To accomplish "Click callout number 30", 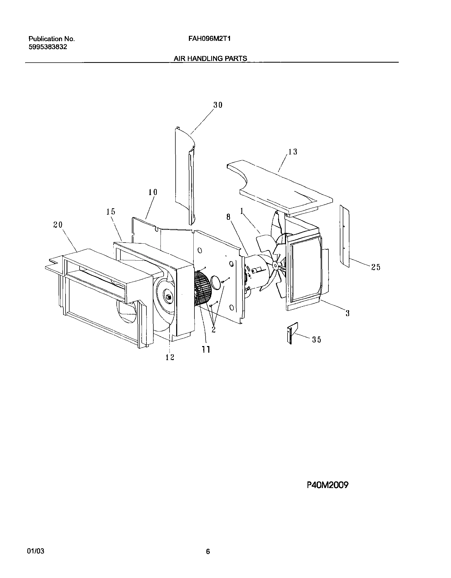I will click(x=218, y=105).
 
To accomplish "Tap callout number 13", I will click(x=293, y=152).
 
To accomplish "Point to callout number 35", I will click(x=316, y=339).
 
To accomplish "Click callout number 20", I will click(x=58, y=225).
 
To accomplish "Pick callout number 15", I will click(x=111, y=212).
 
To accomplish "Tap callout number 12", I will click(x=170, y=357).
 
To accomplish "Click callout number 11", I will click(x=206, y=350).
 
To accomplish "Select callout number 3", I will click(x=348, y=313).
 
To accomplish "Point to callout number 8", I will click(x=228, y=217).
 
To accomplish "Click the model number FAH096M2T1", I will click(x=209, y=39).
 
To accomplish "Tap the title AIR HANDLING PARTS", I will click(x=210, y=59).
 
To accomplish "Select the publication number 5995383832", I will click(x=48, y=47).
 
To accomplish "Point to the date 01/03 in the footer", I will click(x=36, y=549).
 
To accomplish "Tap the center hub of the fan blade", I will click(x=276, y=265).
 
